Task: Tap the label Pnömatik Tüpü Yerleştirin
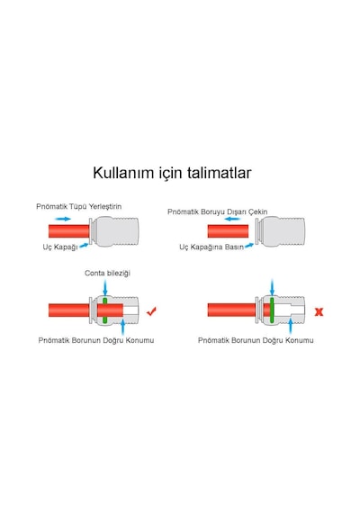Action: (x=79, y=206)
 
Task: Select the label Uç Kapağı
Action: (x=60, y=247)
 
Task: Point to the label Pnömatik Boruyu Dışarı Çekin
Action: (x=218, y=211)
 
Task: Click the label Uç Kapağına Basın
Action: (x=211, y=247)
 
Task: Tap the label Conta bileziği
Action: (x=107, y=273)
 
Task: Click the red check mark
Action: (x=151, y=311)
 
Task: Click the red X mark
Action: (x=319, y=311)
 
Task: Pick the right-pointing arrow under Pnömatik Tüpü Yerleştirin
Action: (x=63, y=219)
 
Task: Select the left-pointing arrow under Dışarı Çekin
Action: (x=233, y=219)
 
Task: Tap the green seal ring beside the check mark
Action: (x=104, y=310)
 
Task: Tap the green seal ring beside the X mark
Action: (x=272, y=310)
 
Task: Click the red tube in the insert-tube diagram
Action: (x=69, y=231)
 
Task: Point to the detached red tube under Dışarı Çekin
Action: (x=228, y=231)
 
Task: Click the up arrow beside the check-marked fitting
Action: (x=122, y=327)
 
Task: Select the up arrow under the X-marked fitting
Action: (x=290, y=326)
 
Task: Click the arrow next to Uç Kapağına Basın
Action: (x=249, y=245)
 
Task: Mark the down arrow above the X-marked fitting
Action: (x=272, y=287)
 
